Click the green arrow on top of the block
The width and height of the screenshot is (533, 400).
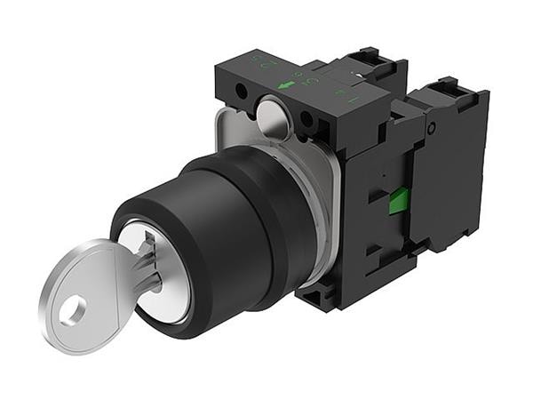(286, 85)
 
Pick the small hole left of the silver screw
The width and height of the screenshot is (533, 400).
(242, 92)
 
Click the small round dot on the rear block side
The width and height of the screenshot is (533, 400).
(431, 130)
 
